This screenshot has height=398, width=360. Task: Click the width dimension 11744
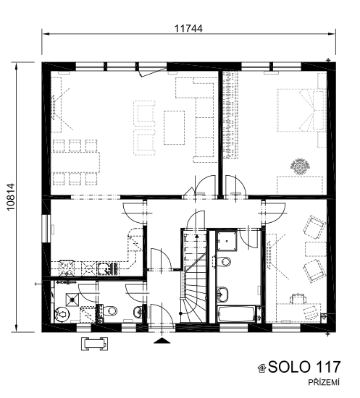click(188, 28)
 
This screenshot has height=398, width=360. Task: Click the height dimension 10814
click(11, 198)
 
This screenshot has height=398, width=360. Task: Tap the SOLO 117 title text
click(304, 367)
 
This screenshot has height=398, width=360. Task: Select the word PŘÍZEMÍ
click(324, 382)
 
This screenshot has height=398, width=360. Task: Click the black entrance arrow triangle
click(162, 341)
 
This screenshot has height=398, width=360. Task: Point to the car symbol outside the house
click(94, 344)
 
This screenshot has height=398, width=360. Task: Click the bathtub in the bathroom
click(236, 314)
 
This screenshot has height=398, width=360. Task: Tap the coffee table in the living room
click(174, 127)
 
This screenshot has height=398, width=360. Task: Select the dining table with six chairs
click(75, 162)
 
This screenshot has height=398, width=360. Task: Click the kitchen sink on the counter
click(108, 269)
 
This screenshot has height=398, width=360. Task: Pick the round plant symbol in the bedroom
click(301, 166)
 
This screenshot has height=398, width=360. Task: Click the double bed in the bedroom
click(301, 110)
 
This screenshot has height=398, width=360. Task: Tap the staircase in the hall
click(195, 276)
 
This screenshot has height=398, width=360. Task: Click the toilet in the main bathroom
click(223, 262)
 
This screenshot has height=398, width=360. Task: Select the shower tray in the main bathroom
click(227, 241)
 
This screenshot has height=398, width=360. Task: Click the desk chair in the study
click(298, 299)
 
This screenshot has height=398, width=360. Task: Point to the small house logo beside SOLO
click(262, 368)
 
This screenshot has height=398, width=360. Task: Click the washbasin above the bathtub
click(222, 295)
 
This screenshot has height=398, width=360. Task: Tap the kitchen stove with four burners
click(67, 268)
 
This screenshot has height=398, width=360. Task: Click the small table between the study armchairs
click(316, 249)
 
